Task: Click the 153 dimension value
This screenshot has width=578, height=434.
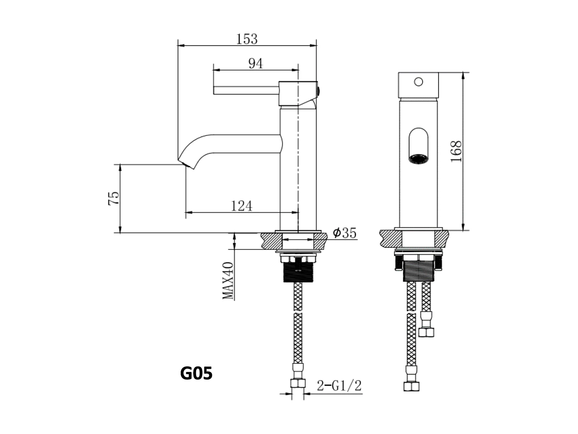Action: point(247,39)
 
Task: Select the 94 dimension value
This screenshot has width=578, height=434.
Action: point(255,63)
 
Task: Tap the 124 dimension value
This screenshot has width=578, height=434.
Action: point(242,206)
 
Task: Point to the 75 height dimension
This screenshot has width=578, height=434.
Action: point(114,198)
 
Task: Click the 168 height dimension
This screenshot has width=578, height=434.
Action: point(456,151)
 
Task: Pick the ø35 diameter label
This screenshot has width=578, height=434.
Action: point(345,233)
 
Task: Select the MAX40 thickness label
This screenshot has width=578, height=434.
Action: point(228,280)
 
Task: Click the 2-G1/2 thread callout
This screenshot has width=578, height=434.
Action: point(339,385)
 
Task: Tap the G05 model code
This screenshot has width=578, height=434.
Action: point(196,373)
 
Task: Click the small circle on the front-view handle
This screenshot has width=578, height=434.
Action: point(418,82)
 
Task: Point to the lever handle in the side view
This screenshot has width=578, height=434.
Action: point(247,90)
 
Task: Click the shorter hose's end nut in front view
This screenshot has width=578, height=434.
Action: point(427,332)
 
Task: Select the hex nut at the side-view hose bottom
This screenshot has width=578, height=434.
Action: point(298,383)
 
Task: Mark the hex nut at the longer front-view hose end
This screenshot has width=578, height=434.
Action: point(412,386)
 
